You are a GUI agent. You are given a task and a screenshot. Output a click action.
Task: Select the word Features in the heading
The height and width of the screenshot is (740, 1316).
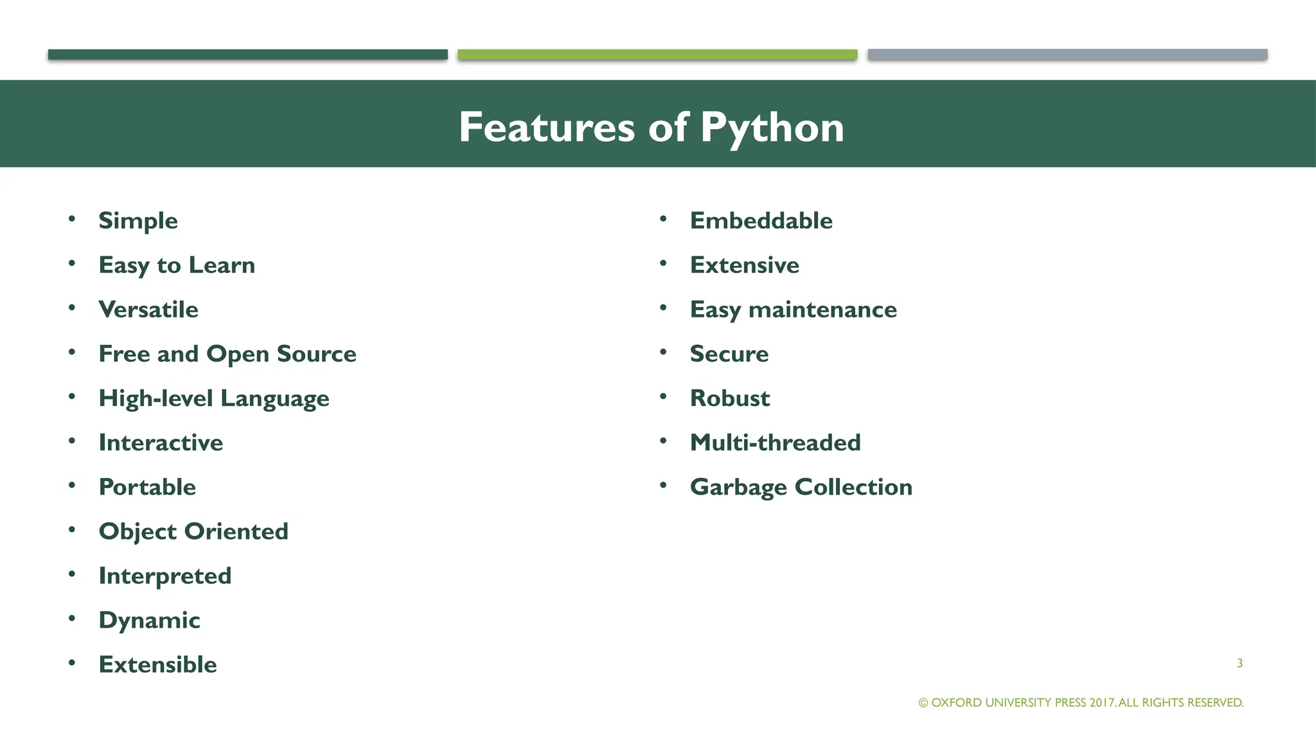point(547,127)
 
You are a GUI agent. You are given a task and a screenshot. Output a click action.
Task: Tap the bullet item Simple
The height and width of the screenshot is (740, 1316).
point(138,221)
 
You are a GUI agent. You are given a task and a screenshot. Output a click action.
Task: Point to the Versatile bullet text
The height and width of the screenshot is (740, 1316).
point(148,310)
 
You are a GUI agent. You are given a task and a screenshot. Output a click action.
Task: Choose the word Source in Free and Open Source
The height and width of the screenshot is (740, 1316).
point(316,354)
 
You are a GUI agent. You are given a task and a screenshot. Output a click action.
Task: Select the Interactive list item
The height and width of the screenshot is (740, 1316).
point(161,443)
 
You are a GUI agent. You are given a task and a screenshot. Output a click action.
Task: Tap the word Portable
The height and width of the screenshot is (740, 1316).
point(147,487)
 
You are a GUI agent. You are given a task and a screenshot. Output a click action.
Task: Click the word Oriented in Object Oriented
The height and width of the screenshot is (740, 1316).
point(236,531)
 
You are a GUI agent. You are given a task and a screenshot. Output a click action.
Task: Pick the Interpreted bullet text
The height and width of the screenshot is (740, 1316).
point(164,576)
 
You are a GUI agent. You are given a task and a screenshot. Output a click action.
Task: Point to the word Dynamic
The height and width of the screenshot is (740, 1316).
point(149,621)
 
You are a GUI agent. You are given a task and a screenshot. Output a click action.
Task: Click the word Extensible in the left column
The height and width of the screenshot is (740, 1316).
point(157,664)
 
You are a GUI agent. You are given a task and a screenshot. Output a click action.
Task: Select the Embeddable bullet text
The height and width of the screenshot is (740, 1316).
point(761,221)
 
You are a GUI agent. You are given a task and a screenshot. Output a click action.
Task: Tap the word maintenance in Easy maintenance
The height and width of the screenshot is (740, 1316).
point(822,310)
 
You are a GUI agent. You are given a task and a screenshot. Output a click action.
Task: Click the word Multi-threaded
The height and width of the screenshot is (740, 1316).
point(775,443)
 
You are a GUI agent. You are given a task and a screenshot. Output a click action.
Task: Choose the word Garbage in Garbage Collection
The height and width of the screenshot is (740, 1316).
point(738,487)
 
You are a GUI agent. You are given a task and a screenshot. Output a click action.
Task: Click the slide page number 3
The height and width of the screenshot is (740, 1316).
point(1240,663)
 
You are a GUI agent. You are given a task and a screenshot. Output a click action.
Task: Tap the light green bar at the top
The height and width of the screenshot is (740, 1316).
point(657,55)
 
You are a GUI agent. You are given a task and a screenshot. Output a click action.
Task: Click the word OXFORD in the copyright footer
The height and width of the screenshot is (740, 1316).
point(956,703)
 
